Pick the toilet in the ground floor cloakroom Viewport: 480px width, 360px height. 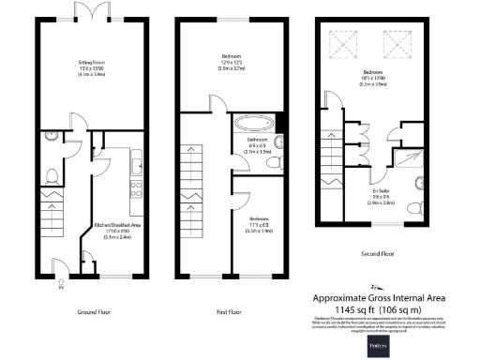point(53,175)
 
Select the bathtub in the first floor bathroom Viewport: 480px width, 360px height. point(251,123)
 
